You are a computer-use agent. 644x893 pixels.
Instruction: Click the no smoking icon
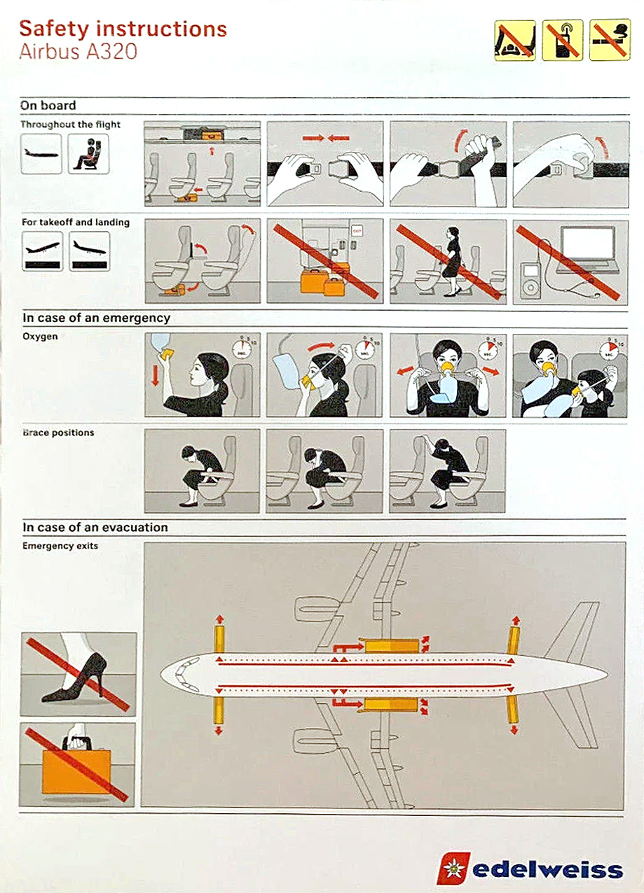610,40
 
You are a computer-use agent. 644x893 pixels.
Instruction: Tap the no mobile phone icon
562,40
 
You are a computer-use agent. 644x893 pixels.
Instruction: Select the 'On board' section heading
48,105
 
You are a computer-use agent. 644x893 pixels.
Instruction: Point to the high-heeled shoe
75,677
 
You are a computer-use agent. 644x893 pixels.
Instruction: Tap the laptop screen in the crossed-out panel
588,243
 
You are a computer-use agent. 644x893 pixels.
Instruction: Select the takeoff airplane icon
42,251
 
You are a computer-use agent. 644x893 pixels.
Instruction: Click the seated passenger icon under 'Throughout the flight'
88,154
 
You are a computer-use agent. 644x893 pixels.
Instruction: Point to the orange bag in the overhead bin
212,136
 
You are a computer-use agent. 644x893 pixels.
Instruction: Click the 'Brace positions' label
58,433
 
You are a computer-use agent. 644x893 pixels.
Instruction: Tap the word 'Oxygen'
40,337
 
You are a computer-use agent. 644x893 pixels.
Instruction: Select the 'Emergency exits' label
60,546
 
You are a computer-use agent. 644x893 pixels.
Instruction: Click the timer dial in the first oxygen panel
242,349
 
